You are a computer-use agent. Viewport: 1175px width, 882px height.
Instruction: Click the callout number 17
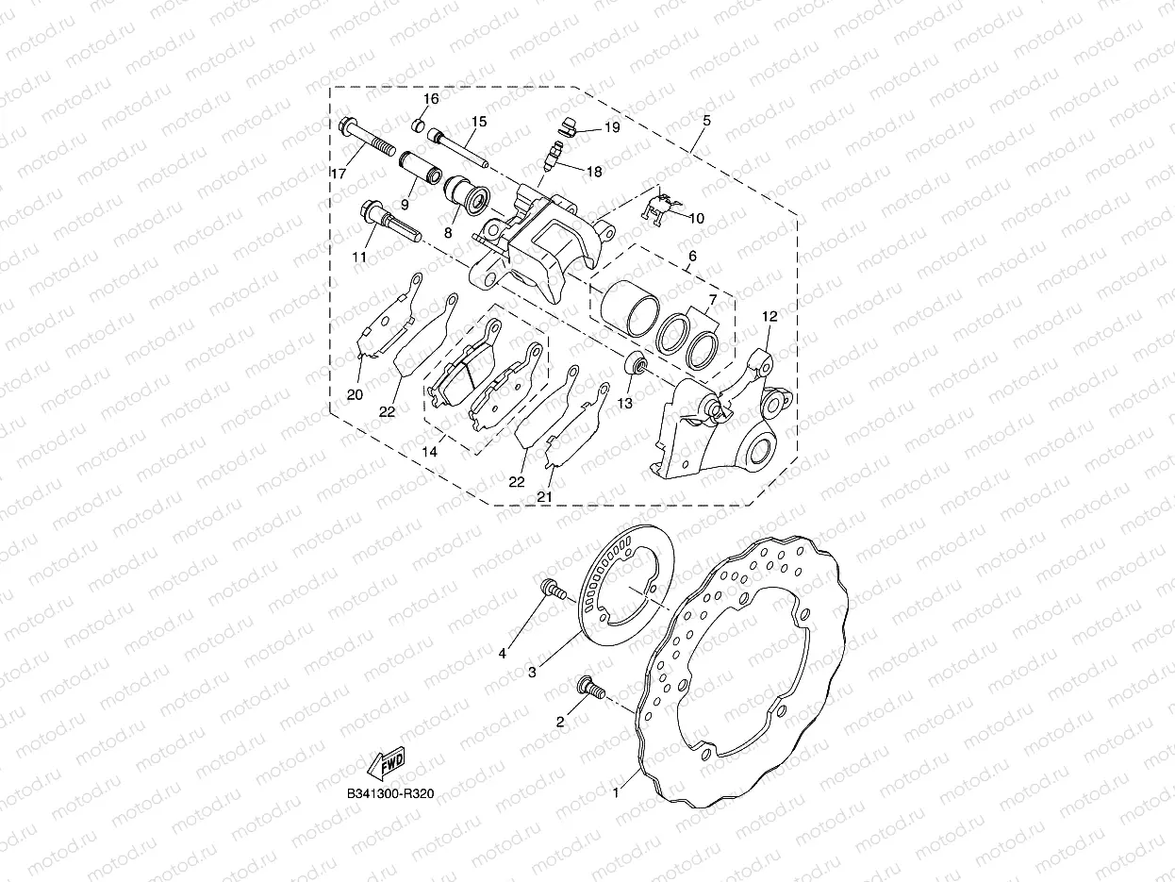tap(338, 173)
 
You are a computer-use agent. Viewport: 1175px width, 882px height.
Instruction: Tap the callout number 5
tap(706, 121)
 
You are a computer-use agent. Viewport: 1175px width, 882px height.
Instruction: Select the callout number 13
tap(624, 403)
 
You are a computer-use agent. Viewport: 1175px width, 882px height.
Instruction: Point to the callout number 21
tap(545, 496)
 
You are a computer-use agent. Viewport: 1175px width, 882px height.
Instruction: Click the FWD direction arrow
tap(386, 762)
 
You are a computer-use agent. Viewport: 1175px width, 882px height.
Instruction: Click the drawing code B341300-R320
tap(389, 794)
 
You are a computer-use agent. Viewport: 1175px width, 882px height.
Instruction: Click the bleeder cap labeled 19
tap(569, 125)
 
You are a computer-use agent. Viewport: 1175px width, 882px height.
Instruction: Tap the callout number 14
tap(429, 452)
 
